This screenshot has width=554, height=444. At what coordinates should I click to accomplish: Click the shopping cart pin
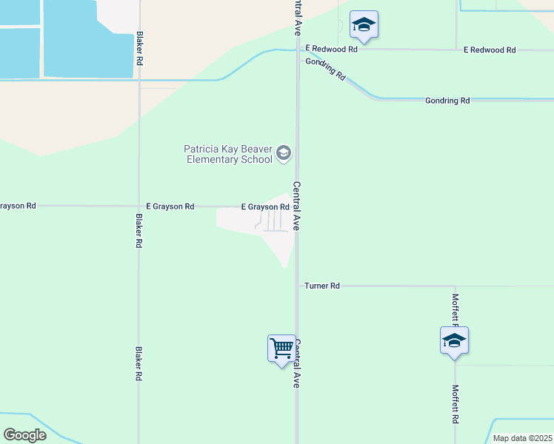(x=281, y=348)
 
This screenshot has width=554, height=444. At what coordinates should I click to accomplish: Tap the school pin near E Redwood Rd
(x=364, y=26)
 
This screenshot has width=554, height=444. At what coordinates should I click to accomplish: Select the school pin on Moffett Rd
(x=454, y=341)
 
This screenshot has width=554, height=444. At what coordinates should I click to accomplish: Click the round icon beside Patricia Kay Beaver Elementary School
(x=283, y=153)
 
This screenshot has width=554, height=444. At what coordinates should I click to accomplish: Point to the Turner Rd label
(x=322, y=286)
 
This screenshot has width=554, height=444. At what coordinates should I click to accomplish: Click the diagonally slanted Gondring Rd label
(x=326, y=67)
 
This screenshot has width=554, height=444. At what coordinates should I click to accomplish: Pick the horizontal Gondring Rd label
(x=447, y=101)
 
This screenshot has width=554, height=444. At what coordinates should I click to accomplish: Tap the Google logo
(x=24, y=434)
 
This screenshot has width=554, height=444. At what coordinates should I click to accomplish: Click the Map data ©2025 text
(x=521, y=438)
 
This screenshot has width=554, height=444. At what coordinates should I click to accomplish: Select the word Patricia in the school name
(x=201, y=149)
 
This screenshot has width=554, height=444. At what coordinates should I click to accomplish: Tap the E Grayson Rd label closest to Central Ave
(x=264, y=207)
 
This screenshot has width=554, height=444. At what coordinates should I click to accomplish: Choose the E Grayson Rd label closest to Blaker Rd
(x=170, y=207)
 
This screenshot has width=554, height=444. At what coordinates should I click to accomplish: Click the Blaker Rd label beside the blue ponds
(x=139, y=48)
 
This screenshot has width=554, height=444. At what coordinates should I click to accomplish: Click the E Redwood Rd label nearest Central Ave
(x=331, y=50)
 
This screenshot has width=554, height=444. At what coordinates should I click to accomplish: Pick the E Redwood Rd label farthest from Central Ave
(x=490, y=50)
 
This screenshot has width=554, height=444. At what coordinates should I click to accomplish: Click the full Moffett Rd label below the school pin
(x=456, y=403)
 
